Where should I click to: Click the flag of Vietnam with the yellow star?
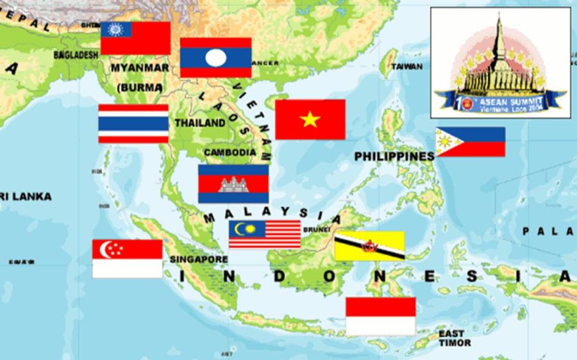[x=310, y=119]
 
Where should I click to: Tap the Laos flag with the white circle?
[x=215, y=58]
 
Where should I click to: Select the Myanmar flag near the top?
[x=136, y=38]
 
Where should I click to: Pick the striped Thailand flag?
[x=133, y=124]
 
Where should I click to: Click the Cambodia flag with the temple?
[x=233, y=184]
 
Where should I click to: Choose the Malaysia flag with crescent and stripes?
[x=265, y=234]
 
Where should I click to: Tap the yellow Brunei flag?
[x=369, y=246]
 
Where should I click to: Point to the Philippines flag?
[x=471, y=142]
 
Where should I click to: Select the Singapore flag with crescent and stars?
[x=128, y=259]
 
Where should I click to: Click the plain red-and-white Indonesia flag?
[x=381, y=316]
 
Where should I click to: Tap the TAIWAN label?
[x=408, y=66]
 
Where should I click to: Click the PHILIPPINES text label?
[x=394, y=156]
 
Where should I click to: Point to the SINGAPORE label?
[x=199, y=259]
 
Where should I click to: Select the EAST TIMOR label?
[x=454, y=338]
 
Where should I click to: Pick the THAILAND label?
[x=199, y=122]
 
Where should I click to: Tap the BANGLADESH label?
[x=76, y=54]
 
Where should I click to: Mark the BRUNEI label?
[x=318, y=228]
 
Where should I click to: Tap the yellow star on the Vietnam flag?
[x=310, y=119]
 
